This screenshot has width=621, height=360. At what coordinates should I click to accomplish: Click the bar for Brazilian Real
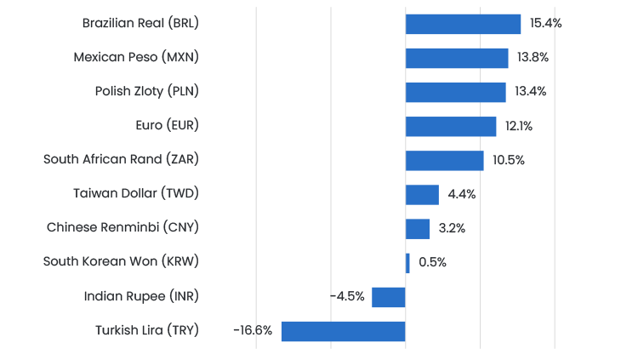tap(463, 24)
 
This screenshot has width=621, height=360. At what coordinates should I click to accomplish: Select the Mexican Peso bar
tap(457, 58)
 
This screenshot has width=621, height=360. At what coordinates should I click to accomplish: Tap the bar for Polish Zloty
tap(456, 92)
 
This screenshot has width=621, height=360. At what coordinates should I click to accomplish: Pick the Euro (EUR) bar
tap(451, 126)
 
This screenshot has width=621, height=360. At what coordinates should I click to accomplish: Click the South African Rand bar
tap(444, 160)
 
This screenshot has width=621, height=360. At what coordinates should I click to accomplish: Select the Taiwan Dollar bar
tap(422, 194)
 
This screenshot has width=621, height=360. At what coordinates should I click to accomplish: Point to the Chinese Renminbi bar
tap(418, 228)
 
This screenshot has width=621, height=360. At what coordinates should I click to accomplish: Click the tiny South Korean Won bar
tap(407, 262)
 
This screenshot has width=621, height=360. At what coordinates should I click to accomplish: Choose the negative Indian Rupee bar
tap(389, 296)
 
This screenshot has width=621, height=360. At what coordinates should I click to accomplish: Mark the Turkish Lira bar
tap(344, 330)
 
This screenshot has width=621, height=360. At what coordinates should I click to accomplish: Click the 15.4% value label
tap(545, 24)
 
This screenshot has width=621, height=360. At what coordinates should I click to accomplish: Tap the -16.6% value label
tap(253, 330)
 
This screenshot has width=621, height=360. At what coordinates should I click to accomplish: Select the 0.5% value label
tap(432, 262)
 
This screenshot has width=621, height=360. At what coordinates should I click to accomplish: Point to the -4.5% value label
tap(347, 296)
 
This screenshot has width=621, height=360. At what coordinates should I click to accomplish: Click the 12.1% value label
tap(519, 126)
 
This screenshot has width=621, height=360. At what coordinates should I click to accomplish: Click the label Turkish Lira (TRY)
tap(147, 330)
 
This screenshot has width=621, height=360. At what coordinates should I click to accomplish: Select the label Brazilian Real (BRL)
tap(140, 24)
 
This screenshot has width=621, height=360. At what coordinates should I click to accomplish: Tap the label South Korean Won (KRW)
tap(121, 262)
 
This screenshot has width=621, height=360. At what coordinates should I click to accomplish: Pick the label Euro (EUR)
tap(167, 126)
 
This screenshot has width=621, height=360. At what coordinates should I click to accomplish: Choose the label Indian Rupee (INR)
tap(141, 296)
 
